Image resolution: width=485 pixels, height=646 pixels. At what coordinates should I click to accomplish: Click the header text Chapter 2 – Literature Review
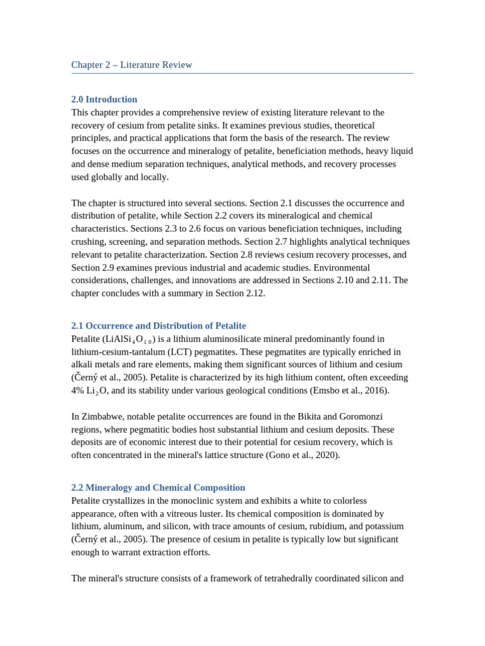point(131,65)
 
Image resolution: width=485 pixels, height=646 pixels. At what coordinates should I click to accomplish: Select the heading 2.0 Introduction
point(104,99)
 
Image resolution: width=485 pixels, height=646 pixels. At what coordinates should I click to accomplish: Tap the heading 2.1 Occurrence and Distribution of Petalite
point(159,326)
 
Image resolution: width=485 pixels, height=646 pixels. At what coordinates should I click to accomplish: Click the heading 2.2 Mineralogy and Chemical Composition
point(158,487)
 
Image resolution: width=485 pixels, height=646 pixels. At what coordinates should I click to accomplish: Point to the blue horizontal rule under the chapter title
point(242,74)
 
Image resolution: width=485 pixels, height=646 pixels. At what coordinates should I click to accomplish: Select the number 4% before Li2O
point(78,390)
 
